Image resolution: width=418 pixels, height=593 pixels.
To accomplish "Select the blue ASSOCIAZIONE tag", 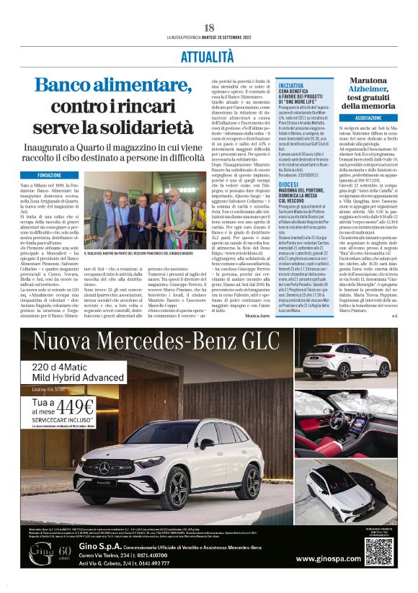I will click(x=368, y=117).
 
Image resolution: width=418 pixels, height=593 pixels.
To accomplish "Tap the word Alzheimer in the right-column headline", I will click(x=368, y=93).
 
